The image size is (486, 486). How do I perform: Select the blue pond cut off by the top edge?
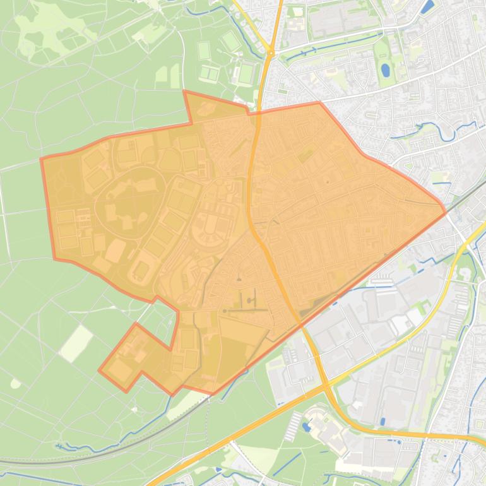pyautogui.click(x=429, y=6)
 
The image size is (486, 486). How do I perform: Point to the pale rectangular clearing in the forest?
pyautogui.click(x=76, y=343)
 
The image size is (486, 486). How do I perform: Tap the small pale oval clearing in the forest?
pyautogui.click(x=15, y=383)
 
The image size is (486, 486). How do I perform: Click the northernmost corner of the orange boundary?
pyautogui.click(x=184, y=92)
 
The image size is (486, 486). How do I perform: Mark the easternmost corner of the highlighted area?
pyautogui.click(x=446, y=211)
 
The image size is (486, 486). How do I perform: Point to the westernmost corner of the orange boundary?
pyautogui.click(x=42, y=159)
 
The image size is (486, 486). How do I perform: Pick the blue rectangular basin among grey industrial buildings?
pyautogui.click(x=383, y=421)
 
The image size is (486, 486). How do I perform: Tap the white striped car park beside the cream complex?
pyautogui.click(x=294, y=427)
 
